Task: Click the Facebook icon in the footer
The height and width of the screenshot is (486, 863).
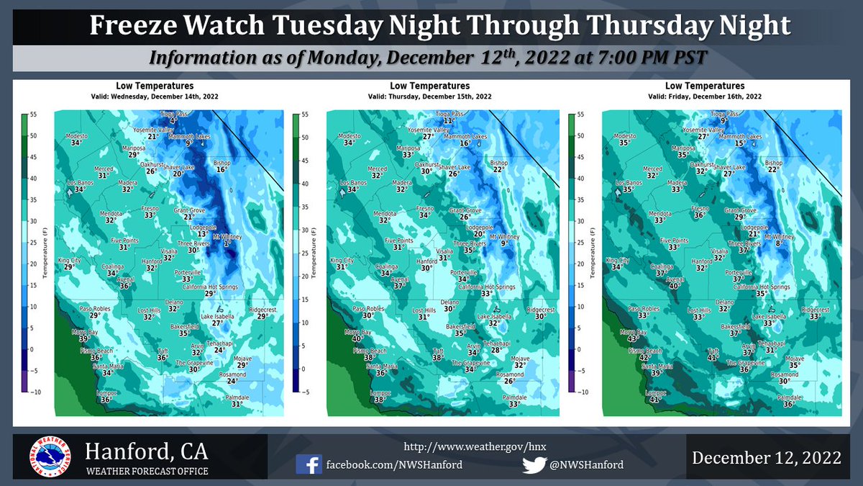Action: pyautogui.click(x=309, y=464)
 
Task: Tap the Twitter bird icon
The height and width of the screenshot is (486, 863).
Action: pyautogui.click(x=533, y=464)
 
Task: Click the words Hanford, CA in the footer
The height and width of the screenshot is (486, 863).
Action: pyautogui.click(x=147, y=452)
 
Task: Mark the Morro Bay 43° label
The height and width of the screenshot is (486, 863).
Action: pyautogui.click(x=632, y=336)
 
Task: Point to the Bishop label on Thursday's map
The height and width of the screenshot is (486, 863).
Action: pyautogui.click(x=498, y=166)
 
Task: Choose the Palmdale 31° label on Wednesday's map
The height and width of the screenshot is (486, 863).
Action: pyautogui.click(x=236, y=400)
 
